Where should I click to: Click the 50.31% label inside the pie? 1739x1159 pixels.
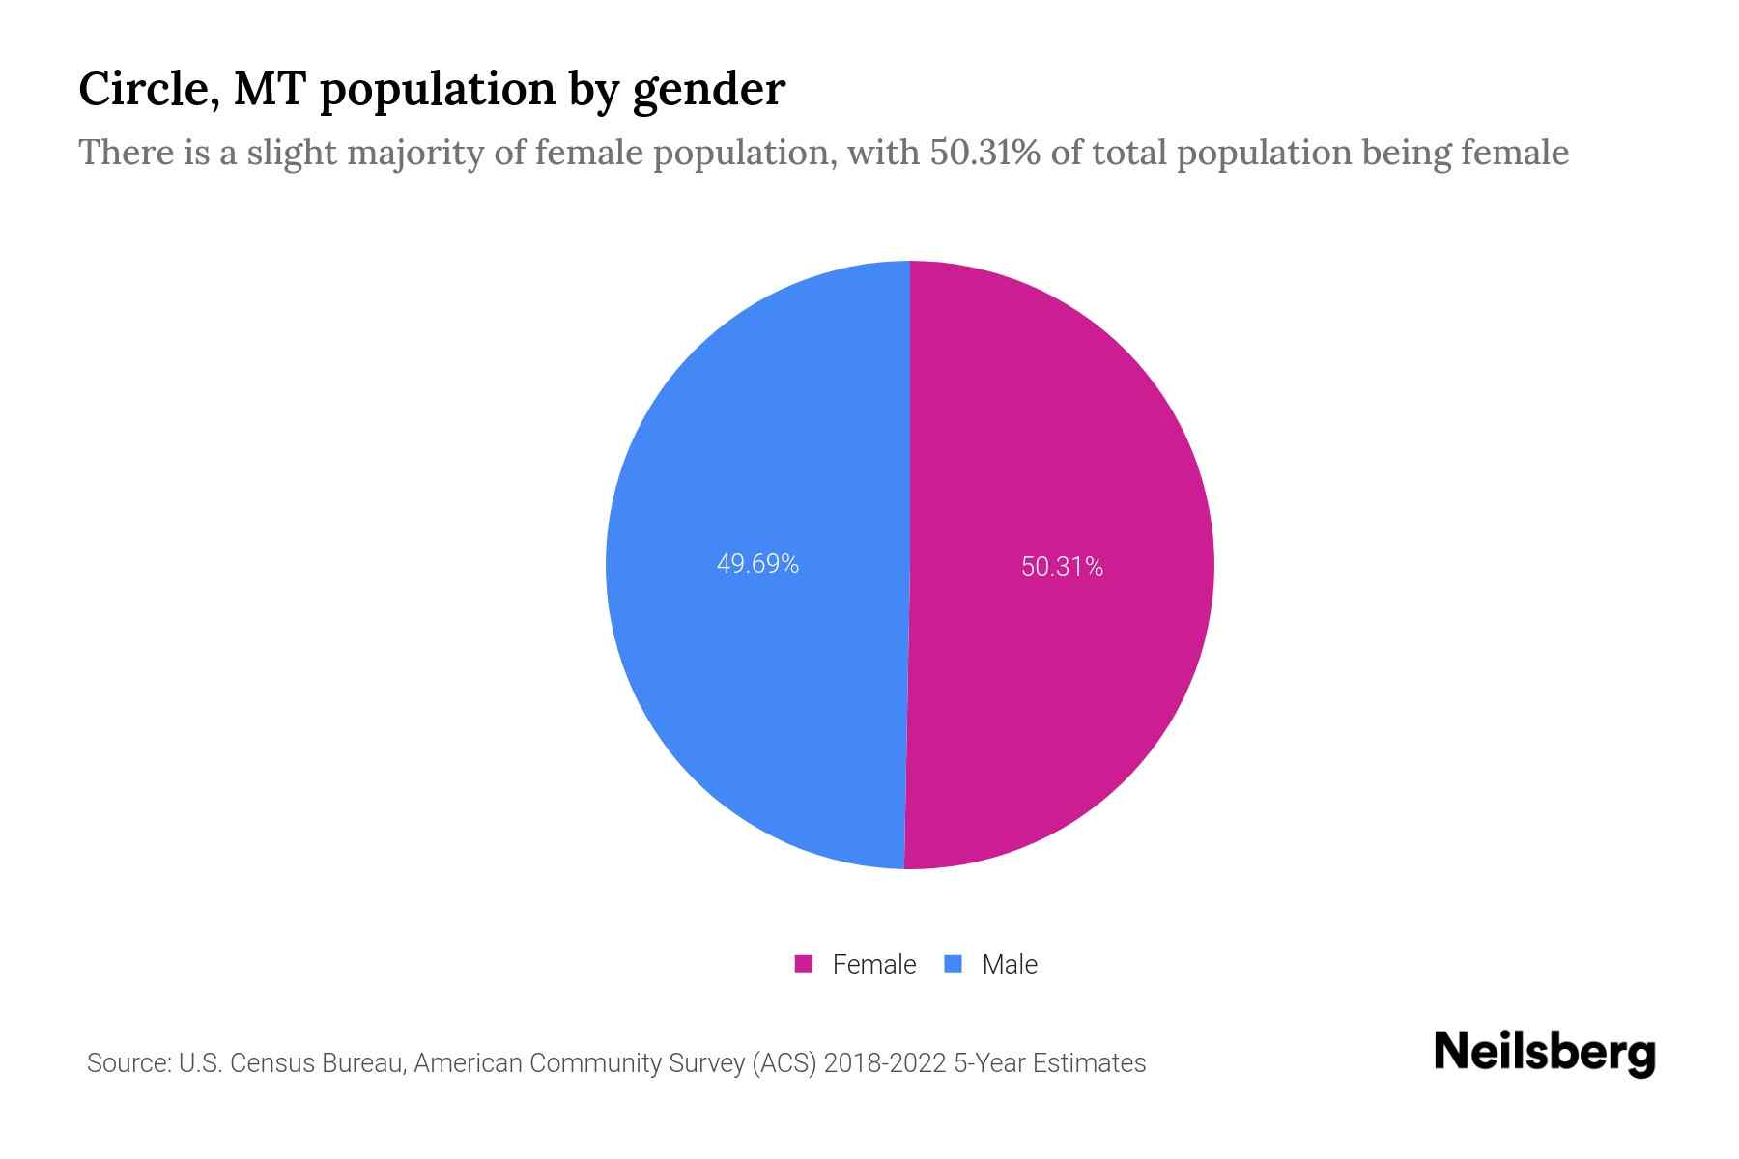1062,567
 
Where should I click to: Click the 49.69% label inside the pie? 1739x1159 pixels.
757,564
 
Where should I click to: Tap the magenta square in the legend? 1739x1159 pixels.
803,964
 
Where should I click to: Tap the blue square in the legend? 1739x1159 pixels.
954,964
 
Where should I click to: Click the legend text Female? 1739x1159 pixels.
873,964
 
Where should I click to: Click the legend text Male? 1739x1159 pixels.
1009,964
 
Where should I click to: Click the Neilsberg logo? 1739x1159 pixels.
1544,1053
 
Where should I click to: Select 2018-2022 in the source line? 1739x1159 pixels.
884,1063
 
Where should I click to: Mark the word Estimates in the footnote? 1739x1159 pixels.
1089,1063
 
